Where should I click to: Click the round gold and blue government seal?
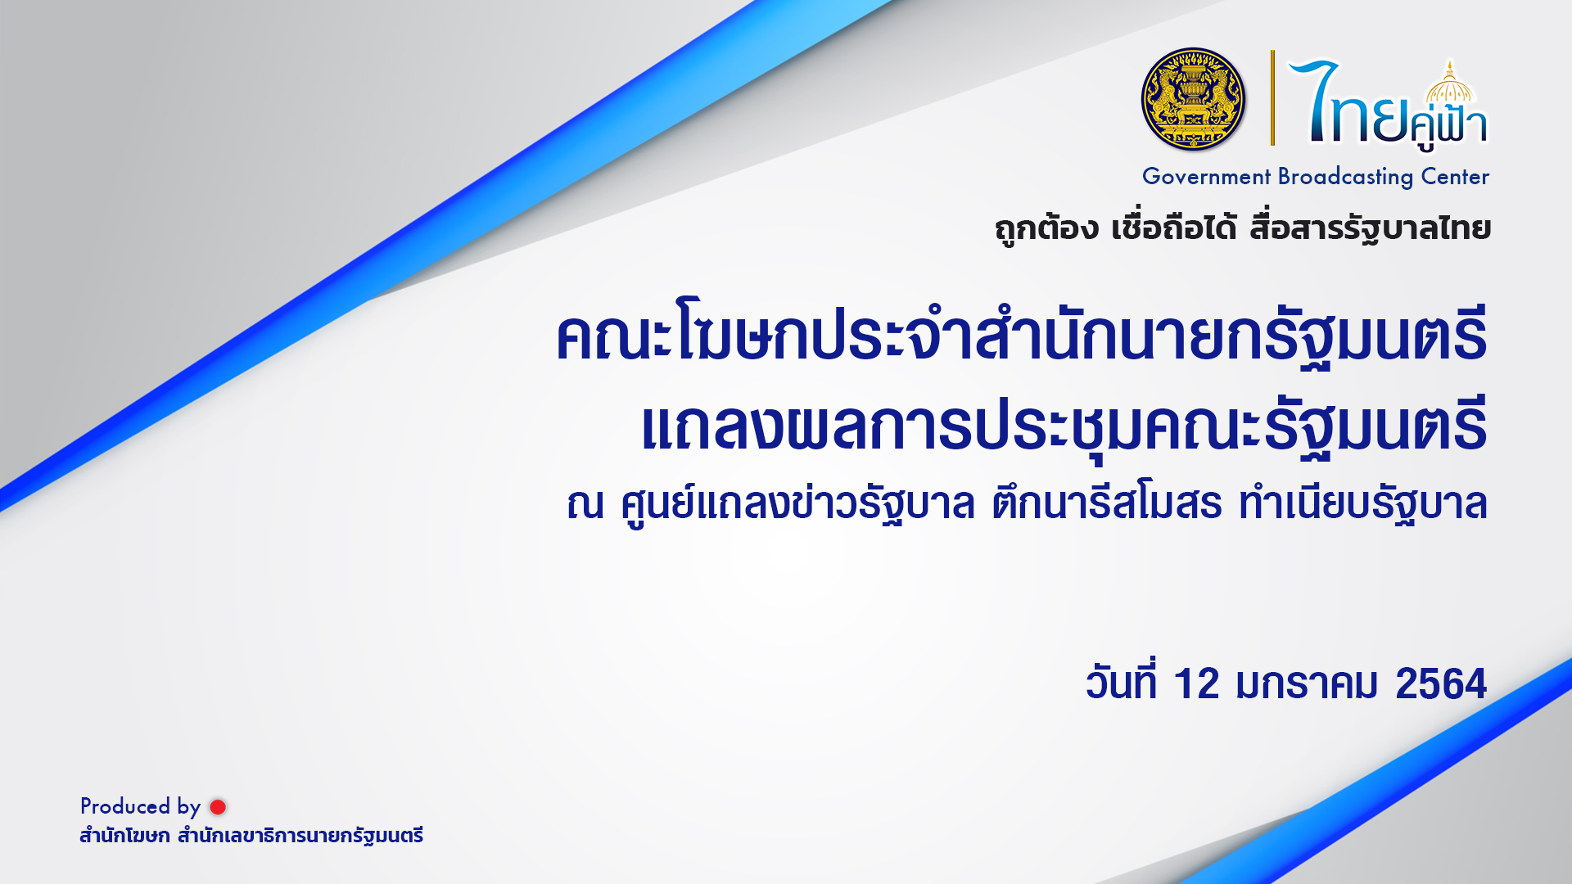pos(1193,99)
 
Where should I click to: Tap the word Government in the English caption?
pos(1206,177)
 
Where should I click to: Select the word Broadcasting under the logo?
pos(1346,178)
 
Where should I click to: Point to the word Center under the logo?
pos(1455,177)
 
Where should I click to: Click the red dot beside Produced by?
pos(218,807)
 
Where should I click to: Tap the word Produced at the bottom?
pos(125,806)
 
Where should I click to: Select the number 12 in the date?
pos(1196,683)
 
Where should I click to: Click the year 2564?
pos(1441,683)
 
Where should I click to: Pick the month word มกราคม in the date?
pos(1308,684)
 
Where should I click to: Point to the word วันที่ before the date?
pos(1121,681)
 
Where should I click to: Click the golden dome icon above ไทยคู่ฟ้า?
pos(1449,84)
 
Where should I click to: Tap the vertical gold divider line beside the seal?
pos(1272,97)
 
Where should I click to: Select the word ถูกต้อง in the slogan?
pos(1046,228)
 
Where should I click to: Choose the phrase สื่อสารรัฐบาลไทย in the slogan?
pos(1370,228)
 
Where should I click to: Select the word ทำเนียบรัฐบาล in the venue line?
pos(1362,503)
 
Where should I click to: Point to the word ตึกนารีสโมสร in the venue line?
pos(1107,503)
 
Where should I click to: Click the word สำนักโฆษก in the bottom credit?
pos(124,836)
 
